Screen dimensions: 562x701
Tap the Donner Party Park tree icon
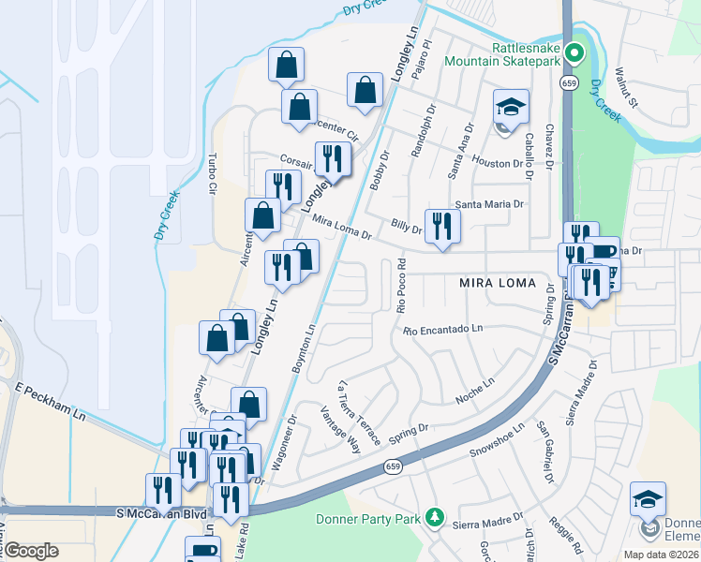[x=433, y=517]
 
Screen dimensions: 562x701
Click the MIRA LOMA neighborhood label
[x=497, y=282]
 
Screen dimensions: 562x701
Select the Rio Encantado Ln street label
[x=442, y=330]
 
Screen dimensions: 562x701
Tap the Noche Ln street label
[x=474, y=390]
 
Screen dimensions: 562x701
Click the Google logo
[x=31, y=550]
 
